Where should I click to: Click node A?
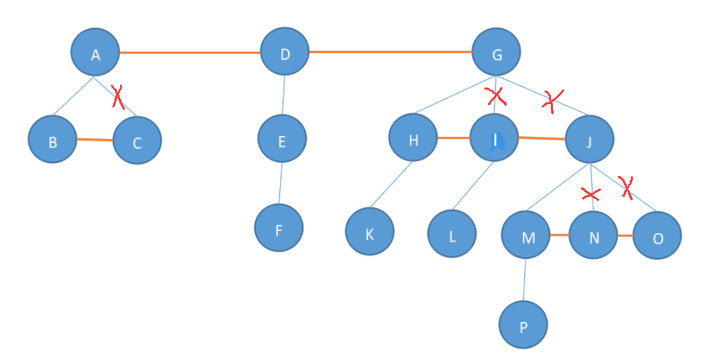pos(95,54)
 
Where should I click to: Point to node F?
pos(279,228)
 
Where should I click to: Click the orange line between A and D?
pos(190,53)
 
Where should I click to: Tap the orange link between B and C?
pos(94,140)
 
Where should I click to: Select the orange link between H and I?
pos(453,138)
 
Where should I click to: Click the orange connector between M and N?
pos(560,235)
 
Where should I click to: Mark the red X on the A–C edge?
pos(118,97)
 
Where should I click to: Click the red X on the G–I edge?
pos(495,95)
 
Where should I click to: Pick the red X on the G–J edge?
pos(552,100)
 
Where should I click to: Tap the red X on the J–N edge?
pos(591,194)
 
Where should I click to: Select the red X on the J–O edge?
pos(627,187)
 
